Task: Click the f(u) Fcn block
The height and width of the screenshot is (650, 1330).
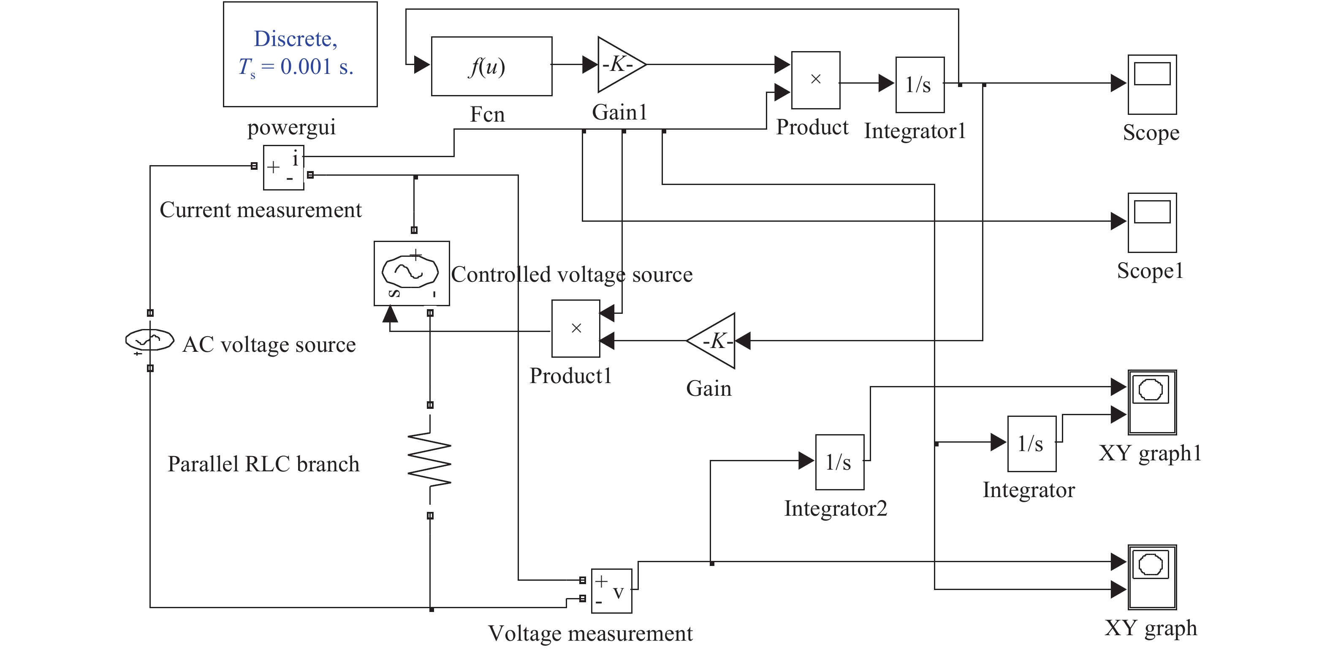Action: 491,66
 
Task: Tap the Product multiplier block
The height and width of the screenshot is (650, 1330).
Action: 815,79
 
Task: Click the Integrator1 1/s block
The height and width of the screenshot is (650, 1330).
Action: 920,84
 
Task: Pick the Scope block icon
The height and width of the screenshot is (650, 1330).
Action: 1152,84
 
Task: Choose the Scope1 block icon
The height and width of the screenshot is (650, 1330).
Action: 1152,223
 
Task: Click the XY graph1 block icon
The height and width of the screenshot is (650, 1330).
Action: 1152,402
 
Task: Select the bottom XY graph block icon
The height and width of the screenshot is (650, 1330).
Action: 1152,577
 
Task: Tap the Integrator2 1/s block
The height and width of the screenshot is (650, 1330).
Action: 839,462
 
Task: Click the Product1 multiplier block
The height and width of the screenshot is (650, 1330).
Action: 575,328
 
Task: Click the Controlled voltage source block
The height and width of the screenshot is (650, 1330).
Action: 412,273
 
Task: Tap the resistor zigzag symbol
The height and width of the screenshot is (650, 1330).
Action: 429,460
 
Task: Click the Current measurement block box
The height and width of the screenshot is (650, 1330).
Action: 283,168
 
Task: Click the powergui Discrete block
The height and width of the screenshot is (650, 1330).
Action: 300,54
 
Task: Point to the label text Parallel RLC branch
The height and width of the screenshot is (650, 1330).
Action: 263,464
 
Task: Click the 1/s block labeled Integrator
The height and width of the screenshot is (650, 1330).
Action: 1031,443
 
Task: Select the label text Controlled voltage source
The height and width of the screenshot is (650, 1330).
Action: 572,274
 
